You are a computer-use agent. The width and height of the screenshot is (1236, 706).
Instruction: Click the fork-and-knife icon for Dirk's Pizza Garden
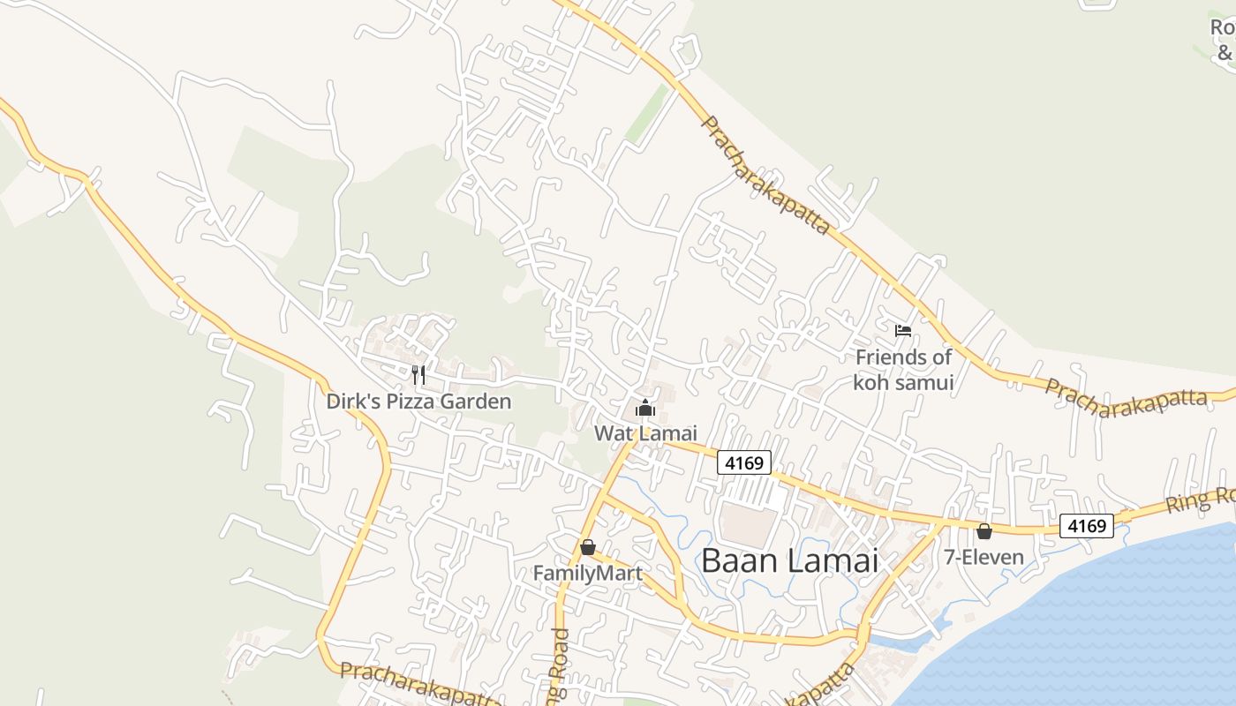[418, 375]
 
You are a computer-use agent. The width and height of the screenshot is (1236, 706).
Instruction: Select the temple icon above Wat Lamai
[645, 408]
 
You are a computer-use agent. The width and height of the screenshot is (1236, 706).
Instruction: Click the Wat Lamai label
[645, 433]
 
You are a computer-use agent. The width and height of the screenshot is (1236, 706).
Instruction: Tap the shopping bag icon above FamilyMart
[588, 547]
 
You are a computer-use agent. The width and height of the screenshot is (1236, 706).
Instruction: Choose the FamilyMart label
[587, 574]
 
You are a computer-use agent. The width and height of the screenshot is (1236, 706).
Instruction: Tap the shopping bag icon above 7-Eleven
[984, 531]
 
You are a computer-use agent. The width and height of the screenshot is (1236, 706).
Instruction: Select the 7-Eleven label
[984, 557]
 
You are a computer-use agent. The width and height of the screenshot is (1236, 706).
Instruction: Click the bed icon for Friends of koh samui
[902, 331]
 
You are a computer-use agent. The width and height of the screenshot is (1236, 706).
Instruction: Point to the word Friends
[892, 357]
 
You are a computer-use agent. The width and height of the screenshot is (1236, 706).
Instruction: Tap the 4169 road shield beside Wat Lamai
[744, 462]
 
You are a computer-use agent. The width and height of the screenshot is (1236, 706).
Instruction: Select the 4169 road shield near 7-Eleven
[1087, 526]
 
